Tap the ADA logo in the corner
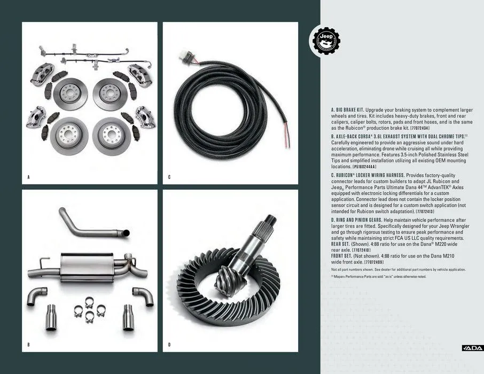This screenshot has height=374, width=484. pos(472,348)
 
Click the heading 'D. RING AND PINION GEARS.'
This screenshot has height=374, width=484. pos(363,220)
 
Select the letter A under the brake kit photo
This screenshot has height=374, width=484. pos(28,176)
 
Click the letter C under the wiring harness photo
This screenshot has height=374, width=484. pos(169,176)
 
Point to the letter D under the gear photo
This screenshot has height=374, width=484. pos(169,345)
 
